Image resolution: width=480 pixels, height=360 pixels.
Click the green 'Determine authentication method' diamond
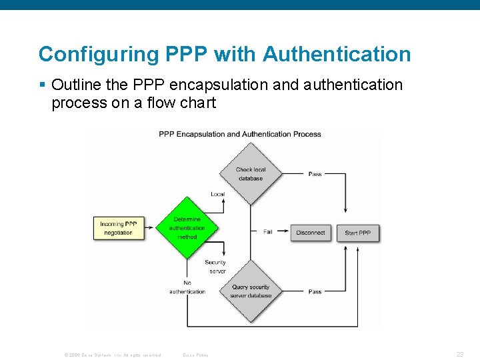click(187, 228)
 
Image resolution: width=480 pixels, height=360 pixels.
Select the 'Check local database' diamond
click(250, 174)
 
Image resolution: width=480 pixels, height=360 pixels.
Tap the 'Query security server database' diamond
click(250, 291)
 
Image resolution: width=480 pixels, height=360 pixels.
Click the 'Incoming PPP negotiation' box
click(119, 228)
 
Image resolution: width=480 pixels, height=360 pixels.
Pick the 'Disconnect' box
click(311, 233)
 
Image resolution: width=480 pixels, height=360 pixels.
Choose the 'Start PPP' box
click(358, 233)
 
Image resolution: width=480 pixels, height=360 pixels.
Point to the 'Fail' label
click(268, 232)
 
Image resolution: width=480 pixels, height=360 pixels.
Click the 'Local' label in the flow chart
click(217, 194)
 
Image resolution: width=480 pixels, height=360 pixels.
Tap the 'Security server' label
click(216, 267)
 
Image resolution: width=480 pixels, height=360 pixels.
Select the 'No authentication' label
click(187, 287)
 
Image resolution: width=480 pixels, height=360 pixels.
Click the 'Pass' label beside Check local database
click(315, 174)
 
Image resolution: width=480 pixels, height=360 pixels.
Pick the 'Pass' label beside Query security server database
click(315, 291)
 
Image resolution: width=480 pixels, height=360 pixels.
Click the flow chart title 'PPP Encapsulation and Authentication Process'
click(240, 134)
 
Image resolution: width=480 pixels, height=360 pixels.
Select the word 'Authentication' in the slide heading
click(337, 54)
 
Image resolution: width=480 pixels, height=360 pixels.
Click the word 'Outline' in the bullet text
click(73, 85)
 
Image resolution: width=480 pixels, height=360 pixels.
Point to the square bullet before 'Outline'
click(42, 85)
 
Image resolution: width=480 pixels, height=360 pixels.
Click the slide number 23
click(459, 354)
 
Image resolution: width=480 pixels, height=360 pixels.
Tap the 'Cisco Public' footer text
click(195, 355)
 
